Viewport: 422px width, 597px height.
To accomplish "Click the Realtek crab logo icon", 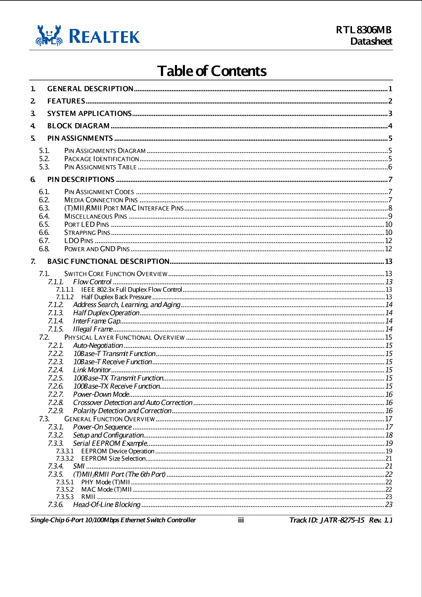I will [x=49, y=36].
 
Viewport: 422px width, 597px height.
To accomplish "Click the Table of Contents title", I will [x=212, y=71].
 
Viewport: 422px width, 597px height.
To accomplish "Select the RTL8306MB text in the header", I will [x=364, y=30].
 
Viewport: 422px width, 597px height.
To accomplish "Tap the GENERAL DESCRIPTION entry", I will [x=90, y=89].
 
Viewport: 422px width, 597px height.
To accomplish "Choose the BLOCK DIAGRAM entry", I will [x=78, y=126].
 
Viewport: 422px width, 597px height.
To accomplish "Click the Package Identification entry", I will [x=102, y=159].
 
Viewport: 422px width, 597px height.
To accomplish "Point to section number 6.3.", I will [x=44, y=208].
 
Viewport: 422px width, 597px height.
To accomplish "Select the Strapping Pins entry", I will [x=87, y=233].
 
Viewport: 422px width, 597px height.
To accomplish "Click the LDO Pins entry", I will [x=79, y=241].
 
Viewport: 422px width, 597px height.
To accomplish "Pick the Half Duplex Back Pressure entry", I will [x=116, y=297].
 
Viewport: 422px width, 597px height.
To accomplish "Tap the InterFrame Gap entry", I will [x=97, y=321].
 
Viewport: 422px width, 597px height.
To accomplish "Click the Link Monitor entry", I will [x=92, y=370].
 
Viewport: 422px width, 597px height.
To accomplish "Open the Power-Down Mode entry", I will [x=101, y=394].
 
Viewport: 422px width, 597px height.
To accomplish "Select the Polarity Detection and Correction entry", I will [x=122, y=411].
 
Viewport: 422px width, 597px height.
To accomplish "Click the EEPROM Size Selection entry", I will [x=113, y=459].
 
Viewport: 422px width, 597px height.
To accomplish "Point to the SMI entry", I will [x=79, y=466].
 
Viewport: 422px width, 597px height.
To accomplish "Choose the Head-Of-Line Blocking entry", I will [x=107, y=504].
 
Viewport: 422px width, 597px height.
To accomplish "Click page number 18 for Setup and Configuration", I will [x=389, y=435].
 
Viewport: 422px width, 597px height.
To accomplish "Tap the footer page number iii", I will [x=241, y=520].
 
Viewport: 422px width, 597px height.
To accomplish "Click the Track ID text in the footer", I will [x=327, y=520].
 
